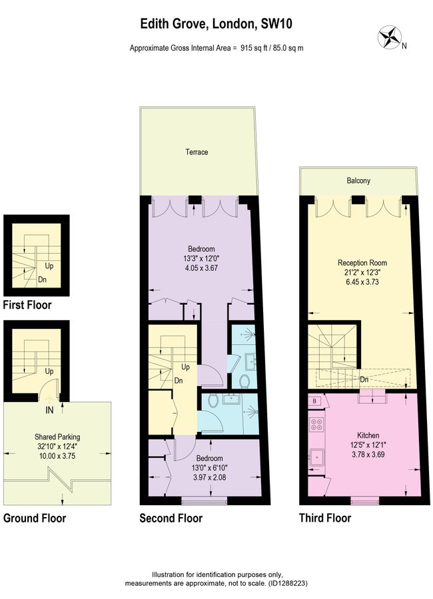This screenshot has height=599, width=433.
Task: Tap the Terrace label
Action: click(x=197, y=152)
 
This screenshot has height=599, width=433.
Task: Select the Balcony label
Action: click(x=358, y=180)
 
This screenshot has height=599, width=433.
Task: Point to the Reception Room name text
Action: click(x=362, y=263)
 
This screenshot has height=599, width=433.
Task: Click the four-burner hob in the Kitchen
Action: click(x=316, y=424)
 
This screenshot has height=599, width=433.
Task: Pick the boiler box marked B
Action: click(x=314, y=401)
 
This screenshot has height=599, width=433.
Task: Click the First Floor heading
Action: click(x=27, y=305)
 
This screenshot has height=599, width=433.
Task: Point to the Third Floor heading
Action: click(x=324, y=518)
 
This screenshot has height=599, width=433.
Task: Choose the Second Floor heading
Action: click(x=171, y=518)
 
